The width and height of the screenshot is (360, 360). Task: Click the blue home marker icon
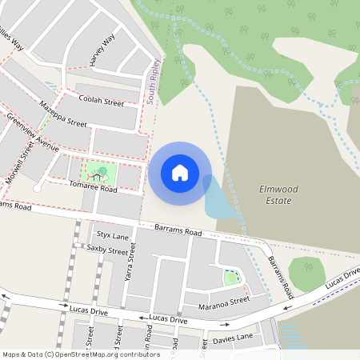[x=179, y=173]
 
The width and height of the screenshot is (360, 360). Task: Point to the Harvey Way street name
[x=103, y=50]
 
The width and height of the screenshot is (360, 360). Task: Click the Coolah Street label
[x=102, y=101]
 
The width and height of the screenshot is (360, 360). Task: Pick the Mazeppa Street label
[x=62, y=114]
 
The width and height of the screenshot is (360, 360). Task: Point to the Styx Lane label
[x=112, y=236]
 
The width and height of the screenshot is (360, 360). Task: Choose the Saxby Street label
[x=106, y=250]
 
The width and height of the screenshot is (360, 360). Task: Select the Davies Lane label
[x=233, y=341]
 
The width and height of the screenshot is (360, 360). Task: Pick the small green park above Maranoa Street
[x=231, y=278]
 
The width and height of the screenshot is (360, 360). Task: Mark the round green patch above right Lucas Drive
[x=306, y=274]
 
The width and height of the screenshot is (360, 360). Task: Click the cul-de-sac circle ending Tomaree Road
[x=38, y=188]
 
